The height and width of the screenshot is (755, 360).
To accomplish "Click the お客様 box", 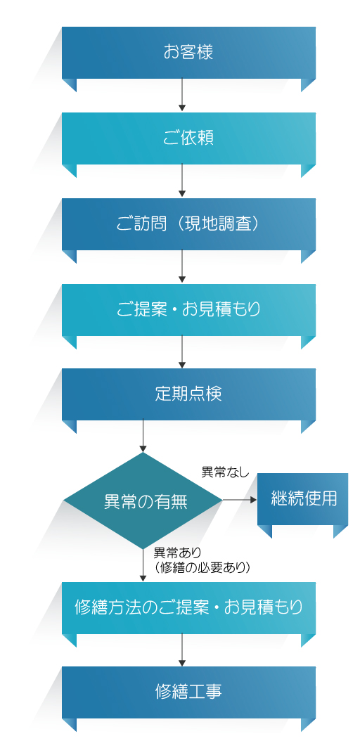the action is [x=188, y=53].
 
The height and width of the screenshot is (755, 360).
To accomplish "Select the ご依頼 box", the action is [x=188, y=138].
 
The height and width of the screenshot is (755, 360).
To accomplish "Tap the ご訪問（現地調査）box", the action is [x=188, y=224].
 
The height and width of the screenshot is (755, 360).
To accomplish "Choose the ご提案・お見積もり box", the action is [x=188, y=309].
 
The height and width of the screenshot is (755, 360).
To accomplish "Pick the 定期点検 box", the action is [x=188, y=394].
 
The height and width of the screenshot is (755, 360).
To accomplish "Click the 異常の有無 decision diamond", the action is [x=143, y=501].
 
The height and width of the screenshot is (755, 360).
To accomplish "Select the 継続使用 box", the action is [x=303, y=499].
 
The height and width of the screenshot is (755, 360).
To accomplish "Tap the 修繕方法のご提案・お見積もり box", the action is [x=188, y=607].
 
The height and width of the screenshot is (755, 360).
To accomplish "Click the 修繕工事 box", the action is [x=188, y=692].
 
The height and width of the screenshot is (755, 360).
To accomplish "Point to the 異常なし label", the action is [x=225, y=472].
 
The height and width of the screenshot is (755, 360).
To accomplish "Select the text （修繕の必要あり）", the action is [x=202, y=568].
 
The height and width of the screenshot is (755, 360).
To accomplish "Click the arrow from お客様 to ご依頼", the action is [x=182, y=95].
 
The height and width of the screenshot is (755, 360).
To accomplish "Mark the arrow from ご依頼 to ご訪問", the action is [x=182, y=181].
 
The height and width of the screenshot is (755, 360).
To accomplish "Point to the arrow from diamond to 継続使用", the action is [x=240, y=501].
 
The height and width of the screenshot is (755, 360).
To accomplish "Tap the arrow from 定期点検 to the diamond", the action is [x=143, y=437].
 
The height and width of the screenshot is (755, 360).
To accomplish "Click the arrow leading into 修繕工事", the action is [x=182, y=650].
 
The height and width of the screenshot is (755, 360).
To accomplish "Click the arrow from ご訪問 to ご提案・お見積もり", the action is [x=182, y=266].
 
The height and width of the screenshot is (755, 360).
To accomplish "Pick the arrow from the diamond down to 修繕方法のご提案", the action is [x=143, y=565].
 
